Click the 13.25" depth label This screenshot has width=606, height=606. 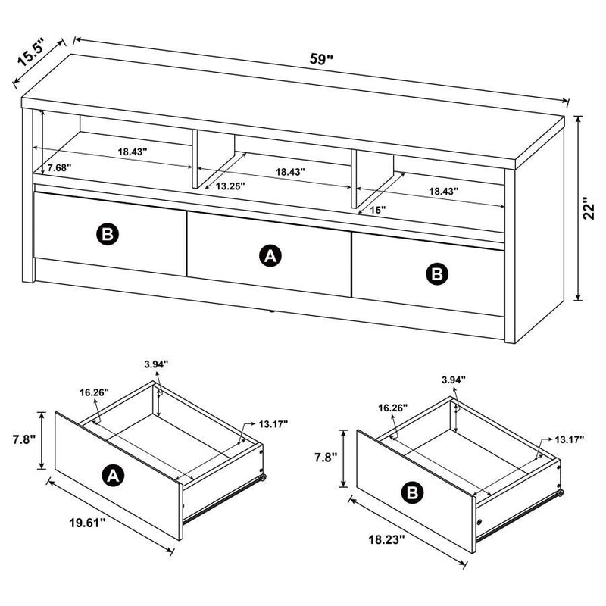click(x=230, y=185)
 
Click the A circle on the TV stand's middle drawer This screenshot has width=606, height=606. click(x=268, y=258)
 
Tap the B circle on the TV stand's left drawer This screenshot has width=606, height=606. click(x=108, y=235)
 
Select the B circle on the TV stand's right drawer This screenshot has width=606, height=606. click(x=437, y=274)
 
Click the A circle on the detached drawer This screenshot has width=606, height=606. click(x=112, y=475)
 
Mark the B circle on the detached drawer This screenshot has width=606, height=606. click(x=412, y=493)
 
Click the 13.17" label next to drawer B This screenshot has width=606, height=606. click(x=569, y=439)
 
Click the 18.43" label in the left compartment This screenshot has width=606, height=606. click(x=132, y=151)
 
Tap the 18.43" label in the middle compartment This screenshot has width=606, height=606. click(x=290, y=172)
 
